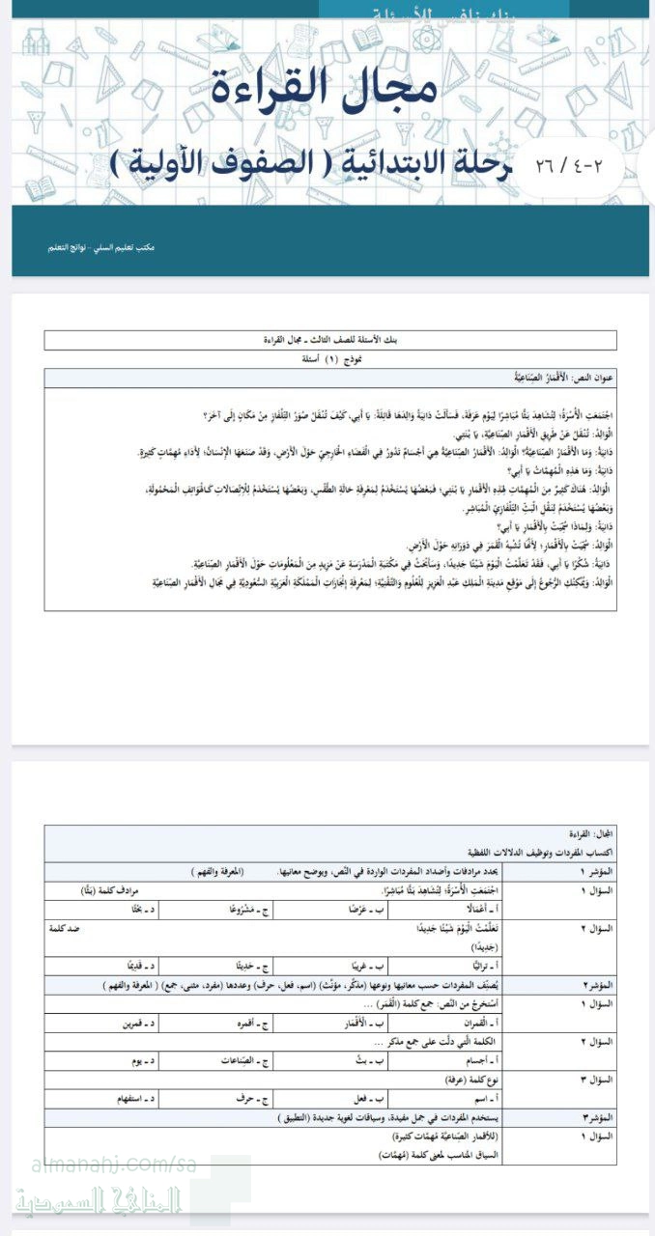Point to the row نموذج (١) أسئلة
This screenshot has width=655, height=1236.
click(328, 357)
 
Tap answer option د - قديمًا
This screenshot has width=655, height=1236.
click(127, 965)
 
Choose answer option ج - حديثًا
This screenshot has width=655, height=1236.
click(245, 965)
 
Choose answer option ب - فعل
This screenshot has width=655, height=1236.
click(373, 1098)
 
